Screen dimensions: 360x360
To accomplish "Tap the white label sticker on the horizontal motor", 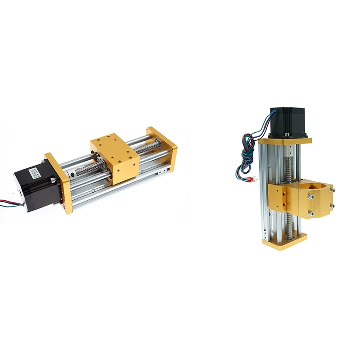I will click(x=38, y=171).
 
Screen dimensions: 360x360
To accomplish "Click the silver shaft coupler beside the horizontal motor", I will click(x=72, y=173).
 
